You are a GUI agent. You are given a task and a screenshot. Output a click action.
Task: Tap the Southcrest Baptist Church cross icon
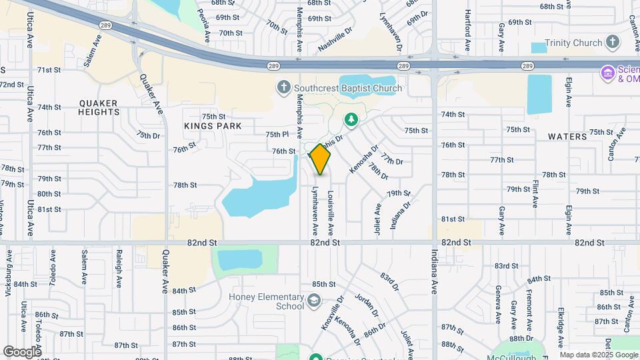point(283,87)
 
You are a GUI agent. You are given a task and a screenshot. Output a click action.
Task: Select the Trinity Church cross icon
point(613,43)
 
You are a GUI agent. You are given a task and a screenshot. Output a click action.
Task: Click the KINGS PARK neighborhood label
point(213,126)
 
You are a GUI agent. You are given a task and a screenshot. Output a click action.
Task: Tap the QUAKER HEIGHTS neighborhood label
point(98,107)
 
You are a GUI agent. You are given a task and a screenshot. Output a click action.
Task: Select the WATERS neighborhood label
point(567,137)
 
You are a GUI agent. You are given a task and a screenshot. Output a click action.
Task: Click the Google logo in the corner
point(22,351)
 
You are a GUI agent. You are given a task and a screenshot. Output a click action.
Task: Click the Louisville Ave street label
point(330,213)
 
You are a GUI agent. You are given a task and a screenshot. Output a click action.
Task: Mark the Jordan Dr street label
point(367,305)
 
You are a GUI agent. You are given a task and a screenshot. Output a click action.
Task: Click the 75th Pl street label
point(277,134)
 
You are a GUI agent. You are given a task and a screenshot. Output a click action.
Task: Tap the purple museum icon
point(607,72)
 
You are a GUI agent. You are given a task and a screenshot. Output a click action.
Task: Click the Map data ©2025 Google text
point(599,355)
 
